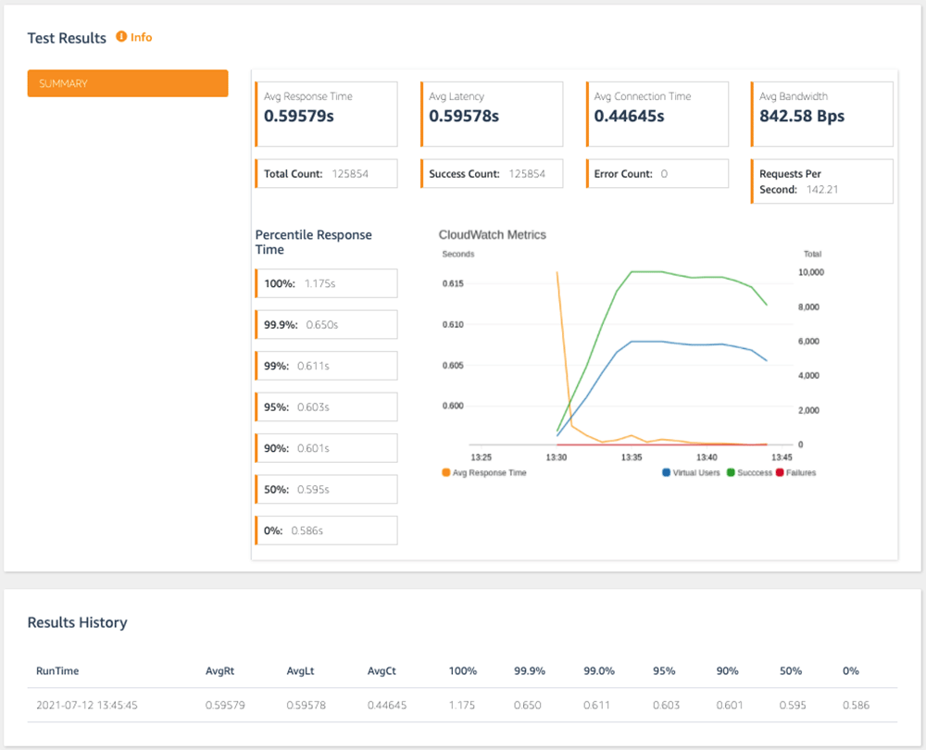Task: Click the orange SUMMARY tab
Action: point(128,83)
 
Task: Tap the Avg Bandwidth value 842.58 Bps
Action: point(802,117)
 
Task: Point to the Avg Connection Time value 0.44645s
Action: point(629,117)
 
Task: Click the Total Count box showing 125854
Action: point(326,174)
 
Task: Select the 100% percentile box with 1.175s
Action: point(326,283)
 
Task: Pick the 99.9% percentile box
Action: point(326,325)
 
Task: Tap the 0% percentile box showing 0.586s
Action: point(326,531)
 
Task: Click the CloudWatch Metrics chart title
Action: point(492,235)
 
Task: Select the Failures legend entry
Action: point(795,472)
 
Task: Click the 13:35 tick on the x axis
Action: point(632,457)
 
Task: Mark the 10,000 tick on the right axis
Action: point(811,272)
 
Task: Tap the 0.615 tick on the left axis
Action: point(453,283)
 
